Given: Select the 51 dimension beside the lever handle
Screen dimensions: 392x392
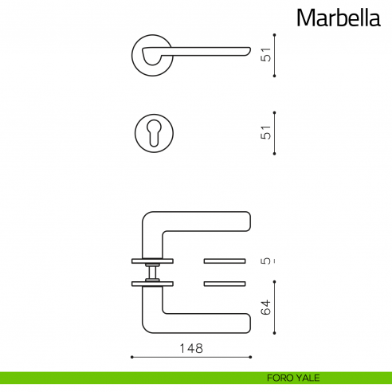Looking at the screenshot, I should point(267,55).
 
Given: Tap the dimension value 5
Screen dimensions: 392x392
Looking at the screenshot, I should point(267,261).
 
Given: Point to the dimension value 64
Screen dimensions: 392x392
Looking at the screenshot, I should point(267,306).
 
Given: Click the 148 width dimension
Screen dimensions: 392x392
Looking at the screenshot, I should point(191,348).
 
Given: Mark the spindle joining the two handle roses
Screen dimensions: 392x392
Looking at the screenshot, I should point(151,272).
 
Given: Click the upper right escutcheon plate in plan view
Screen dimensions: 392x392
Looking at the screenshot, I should point(226,261).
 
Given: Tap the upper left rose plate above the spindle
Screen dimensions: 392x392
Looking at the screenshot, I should point(151,261).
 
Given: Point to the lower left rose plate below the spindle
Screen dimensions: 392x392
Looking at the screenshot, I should point(151,283).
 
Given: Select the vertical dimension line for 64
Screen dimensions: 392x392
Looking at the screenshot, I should point(275,307).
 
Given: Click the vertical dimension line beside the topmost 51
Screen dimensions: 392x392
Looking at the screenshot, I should point(275,55).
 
